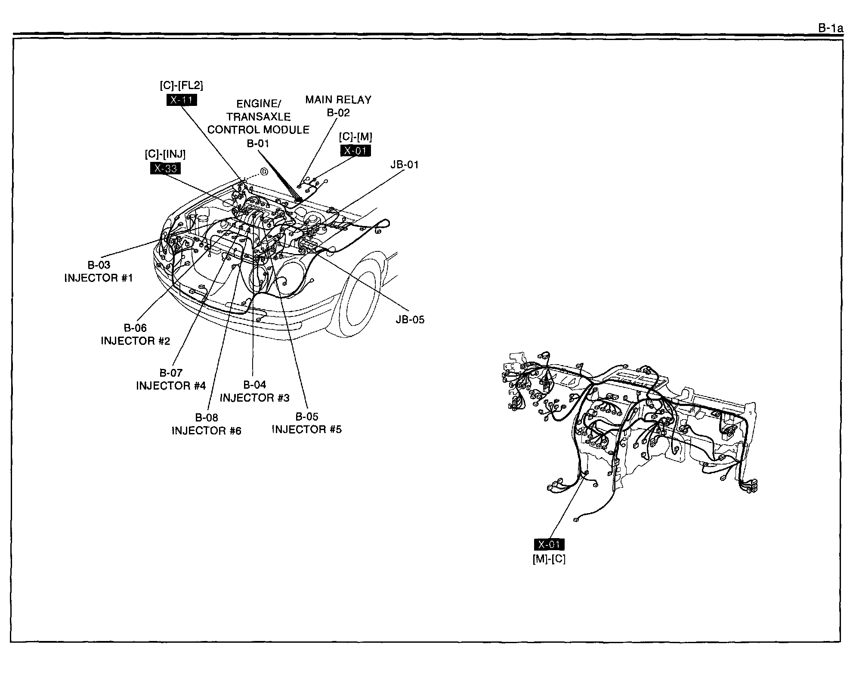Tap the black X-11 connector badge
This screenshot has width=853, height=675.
click(x=181, y=100)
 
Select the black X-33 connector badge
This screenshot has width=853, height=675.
click(x=165, y=168)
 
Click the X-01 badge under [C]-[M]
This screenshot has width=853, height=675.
click(x=355, y=151)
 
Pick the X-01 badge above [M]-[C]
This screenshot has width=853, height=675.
click(x=549, y=545)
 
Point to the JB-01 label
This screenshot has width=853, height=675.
click(x=405, y=164)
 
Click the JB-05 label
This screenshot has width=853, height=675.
click(x=410, y=319)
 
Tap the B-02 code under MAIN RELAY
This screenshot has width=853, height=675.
click(x=338, y=113)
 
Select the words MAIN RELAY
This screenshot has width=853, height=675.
click(x=338, y=100)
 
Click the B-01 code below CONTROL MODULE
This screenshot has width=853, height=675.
click(x=258, y=143)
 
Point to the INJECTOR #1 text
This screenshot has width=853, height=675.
click(x=99, y=278)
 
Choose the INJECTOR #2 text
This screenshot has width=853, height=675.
click(x=136, y=341)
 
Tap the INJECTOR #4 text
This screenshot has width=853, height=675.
click(x=171, y=386)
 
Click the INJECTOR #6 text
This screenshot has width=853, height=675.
click(x=207, y=431)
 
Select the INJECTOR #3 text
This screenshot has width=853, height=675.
click(x=255, y=398)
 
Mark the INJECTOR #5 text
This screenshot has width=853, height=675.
click(x=307, y=430)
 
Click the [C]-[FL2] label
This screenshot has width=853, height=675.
click(x=181, y=86)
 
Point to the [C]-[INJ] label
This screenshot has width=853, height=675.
click(x=165, y=154)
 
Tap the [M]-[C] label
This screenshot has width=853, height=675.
click(x=549, y=559)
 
